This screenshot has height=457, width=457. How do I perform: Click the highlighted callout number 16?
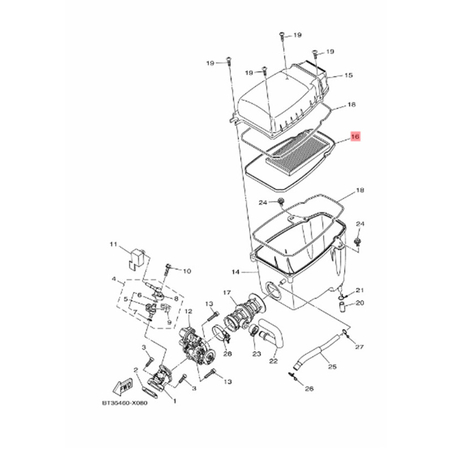(x=356, y=137)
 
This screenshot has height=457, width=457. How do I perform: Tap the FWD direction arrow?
(x=123, y=386)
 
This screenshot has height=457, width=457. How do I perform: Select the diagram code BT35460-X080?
(x=125, y=403)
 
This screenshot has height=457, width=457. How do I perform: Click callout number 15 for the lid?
(x=349, y=76)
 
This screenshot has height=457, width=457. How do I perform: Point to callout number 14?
(x=236, y=272)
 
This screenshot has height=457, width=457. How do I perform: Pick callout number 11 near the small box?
(x=113, y=244)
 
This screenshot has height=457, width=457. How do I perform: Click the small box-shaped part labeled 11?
(x=137, y=258)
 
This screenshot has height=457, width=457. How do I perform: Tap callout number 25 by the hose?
(x=332, y=366)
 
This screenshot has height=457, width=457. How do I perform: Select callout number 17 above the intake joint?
(x=227, y=293)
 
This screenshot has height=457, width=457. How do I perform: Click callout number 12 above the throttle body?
(x=189, y=312)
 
